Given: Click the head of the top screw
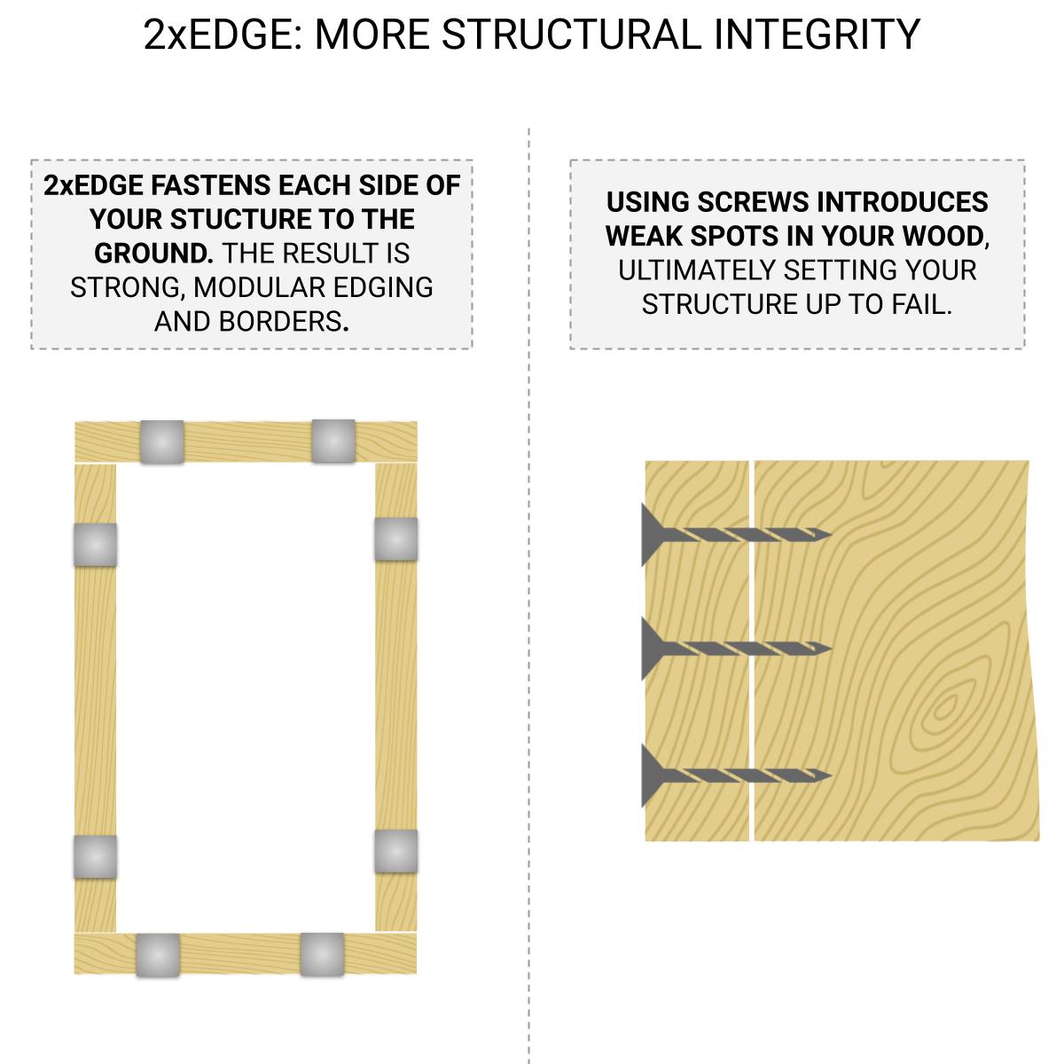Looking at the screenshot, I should click(x=652, y=535).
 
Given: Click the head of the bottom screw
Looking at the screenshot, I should click(x=652, y=776).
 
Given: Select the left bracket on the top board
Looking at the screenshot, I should click(x=162, y=442).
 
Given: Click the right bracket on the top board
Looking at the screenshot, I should click(x=332, y=441).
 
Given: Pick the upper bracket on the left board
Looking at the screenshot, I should click(x=95, y=544).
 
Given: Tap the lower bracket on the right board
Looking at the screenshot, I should click(x=395, y=851).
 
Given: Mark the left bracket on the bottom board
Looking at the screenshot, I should click(x=158, y=955).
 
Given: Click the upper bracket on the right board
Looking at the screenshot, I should click(x=395, y=539).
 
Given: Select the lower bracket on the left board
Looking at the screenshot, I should click(x=95, y=857).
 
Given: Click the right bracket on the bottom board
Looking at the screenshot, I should click(x=322, y=954).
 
